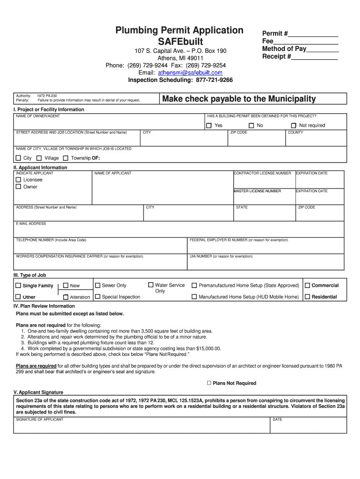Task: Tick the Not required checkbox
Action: click(294, 125)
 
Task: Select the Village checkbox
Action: click(39, 158)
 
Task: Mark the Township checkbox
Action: click(65, 158)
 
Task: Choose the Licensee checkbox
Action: click(19, 180)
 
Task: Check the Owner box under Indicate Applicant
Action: click(19, 187)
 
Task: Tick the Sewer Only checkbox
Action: click(98, 285)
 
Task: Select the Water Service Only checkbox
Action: click(151, 285)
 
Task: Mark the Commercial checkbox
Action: click(307, 285)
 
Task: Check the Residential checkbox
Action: click(307, 297)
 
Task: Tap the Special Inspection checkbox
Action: click(98, 297)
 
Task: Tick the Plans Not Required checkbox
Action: click(209, 383)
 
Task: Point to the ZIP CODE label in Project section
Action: click(238, 132)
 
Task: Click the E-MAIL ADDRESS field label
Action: click(31, 224)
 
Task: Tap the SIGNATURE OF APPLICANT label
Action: click(40, 420)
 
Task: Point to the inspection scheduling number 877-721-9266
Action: click(214, 80)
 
